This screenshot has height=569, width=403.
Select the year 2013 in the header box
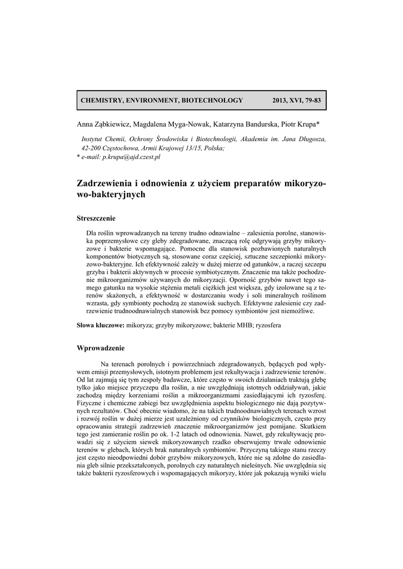point(281,101)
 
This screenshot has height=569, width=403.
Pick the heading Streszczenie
point(96,218)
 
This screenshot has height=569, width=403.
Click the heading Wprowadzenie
point(100,348)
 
